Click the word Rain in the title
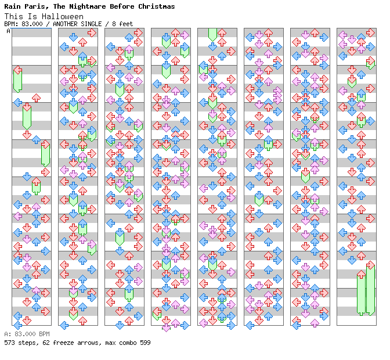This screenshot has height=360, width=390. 12,6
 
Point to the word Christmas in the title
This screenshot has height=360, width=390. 156,6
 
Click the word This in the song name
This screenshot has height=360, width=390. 12,16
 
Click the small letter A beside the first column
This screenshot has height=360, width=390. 8,31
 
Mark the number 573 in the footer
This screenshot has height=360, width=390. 10,343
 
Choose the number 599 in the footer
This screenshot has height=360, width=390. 144,343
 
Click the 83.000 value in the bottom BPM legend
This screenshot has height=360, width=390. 25,334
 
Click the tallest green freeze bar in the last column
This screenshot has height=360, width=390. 370,289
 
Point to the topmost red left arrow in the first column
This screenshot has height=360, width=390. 17,70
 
